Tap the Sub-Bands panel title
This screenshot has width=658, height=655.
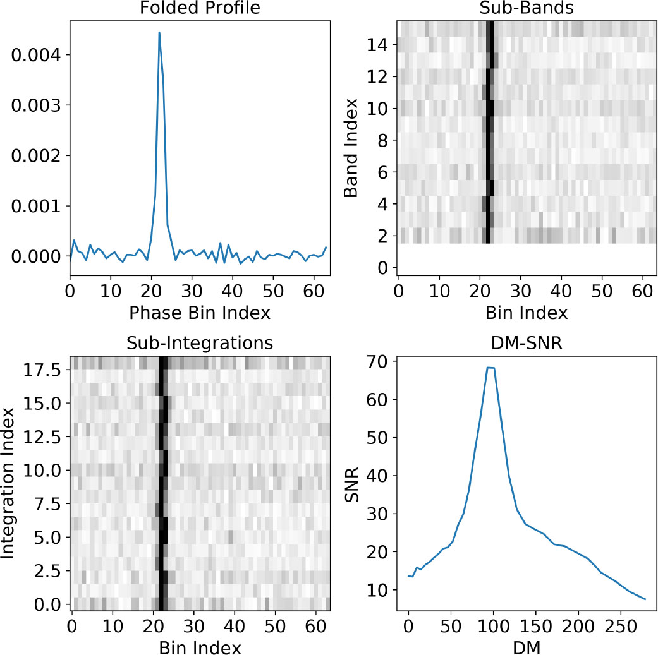[527, 9]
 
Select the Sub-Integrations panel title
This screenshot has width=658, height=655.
[199, 343]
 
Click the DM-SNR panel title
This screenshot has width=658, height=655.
[527, 343]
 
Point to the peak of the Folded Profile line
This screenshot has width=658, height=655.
[159, 32]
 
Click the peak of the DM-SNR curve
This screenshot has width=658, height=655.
[490, 368]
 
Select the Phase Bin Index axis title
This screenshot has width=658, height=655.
[199, 312]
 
